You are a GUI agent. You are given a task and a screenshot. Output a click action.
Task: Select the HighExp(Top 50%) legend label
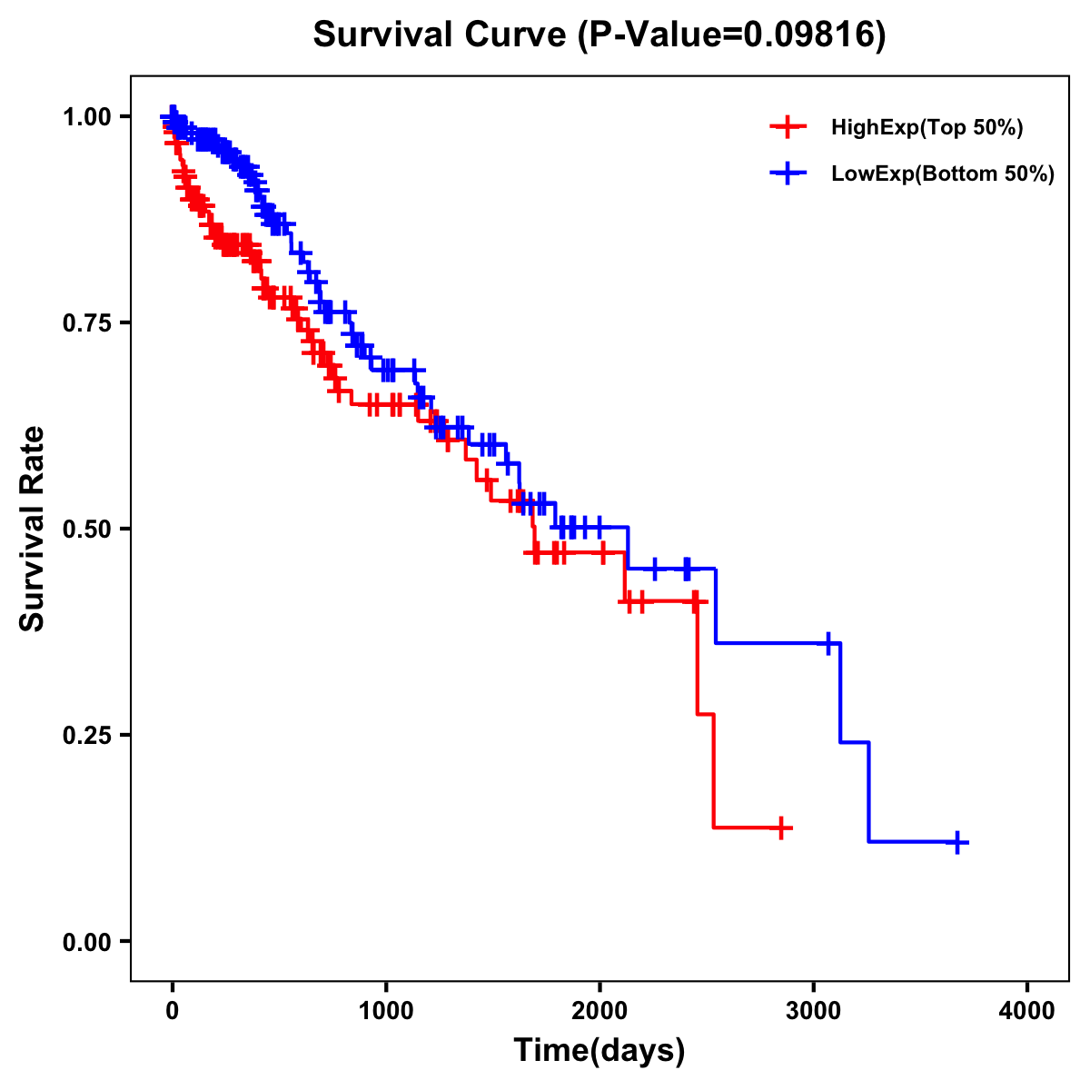point(927,128)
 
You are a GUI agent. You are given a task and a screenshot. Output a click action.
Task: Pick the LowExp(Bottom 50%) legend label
point(943,174)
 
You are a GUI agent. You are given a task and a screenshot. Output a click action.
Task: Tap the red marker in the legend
point(788,128)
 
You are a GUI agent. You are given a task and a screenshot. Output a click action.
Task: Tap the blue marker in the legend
point(788,173)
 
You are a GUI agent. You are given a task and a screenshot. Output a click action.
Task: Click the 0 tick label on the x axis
point(173,1011)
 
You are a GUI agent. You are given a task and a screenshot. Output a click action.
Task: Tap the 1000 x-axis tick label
point(386,1011)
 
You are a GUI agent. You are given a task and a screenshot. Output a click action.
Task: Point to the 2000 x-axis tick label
point(599,1011)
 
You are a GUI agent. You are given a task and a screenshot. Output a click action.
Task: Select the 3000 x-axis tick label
point(814,1011)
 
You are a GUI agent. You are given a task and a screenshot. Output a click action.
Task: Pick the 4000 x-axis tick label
point(1027,1011)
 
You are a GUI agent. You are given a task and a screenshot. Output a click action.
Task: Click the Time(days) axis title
point(599,1051)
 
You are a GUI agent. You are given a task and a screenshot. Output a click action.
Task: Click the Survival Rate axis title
point(34,528)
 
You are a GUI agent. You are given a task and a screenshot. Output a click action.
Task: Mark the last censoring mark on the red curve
point(781,827)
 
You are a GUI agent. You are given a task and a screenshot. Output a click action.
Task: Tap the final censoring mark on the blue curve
point(957,842)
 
